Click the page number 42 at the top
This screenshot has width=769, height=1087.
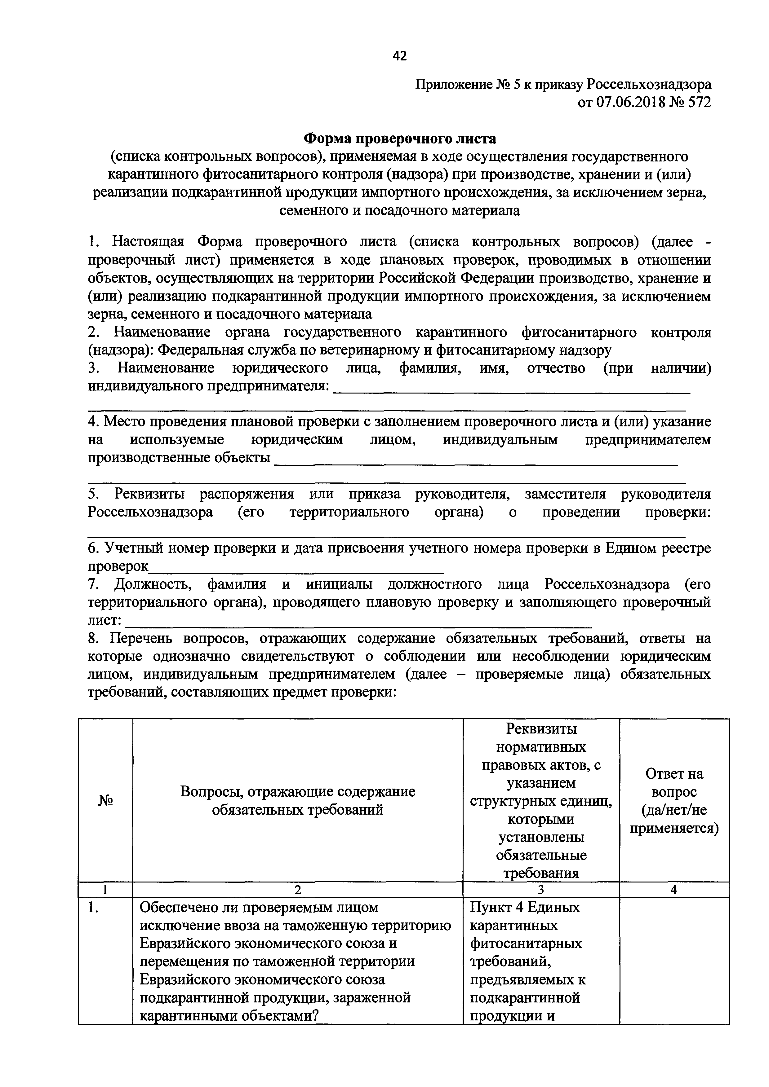click(399, 56)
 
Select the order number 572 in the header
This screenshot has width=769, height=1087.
click(699, 102)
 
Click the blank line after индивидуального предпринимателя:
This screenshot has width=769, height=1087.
click(512, 390)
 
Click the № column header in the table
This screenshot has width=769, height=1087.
click(105, 801)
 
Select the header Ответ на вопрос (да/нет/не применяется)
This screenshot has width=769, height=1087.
click(674, 801)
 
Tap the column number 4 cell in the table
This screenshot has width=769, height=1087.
click(674, 890)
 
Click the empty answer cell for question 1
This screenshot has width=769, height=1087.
click(674, 961)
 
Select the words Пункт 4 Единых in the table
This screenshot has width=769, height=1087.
click(525, 908)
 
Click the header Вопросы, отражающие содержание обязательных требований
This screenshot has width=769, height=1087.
click(298, 801)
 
